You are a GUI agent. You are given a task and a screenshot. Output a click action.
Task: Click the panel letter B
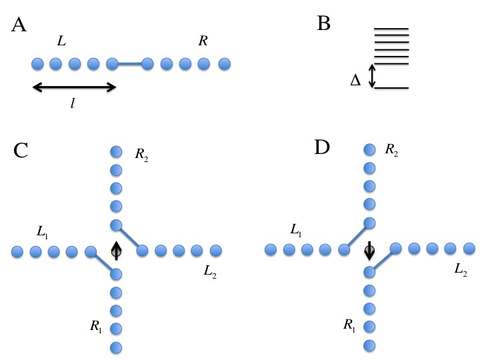[x=324, y=24]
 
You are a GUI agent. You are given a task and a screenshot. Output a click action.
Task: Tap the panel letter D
[x=323, y=147]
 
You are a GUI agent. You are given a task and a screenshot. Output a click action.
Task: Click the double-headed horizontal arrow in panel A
[x=74, y=87]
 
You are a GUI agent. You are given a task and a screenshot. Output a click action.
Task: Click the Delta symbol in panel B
[x=355, y=81]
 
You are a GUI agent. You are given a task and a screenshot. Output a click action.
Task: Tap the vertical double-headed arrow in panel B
[x=373, y=75]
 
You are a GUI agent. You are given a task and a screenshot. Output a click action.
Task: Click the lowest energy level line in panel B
[x=391, y=88]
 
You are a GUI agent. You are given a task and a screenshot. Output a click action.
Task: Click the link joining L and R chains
[x=130, y=64]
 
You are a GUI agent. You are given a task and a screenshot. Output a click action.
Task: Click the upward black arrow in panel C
[x=116, y=249]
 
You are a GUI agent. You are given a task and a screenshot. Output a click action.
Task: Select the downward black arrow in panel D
[x=369, y=251]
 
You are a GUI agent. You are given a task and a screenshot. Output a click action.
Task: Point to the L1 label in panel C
[x=42, y=233]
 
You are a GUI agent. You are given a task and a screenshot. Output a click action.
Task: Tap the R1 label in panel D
[x=349, y=324]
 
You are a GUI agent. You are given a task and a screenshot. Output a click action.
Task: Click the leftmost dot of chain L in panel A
[x=37, y=64]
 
